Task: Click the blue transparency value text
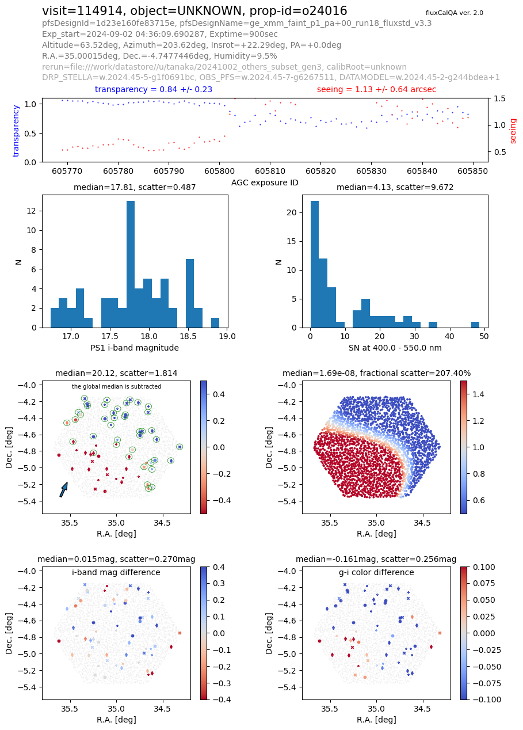[x=154, y=89]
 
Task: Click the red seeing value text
[x=376, y=89]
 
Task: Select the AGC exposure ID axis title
[x=265, y=182]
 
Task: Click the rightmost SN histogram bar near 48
[x=475, y=325]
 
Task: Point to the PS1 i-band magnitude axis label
[x=135, y=348]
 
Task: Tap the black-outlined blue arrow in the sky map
[x=64, y=489]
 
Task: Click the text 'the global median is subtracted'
[x=116, y=386]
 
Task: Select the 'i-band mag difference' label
[x=116, y=572]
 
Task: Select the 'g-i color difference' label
[x=376, y=572]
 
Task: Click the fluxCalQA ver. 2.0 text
[x=455, y=13]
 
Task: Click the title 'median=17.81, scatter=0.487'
[x=135, y=187]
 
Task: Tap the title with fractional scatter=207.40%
[x=376, y=373]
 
